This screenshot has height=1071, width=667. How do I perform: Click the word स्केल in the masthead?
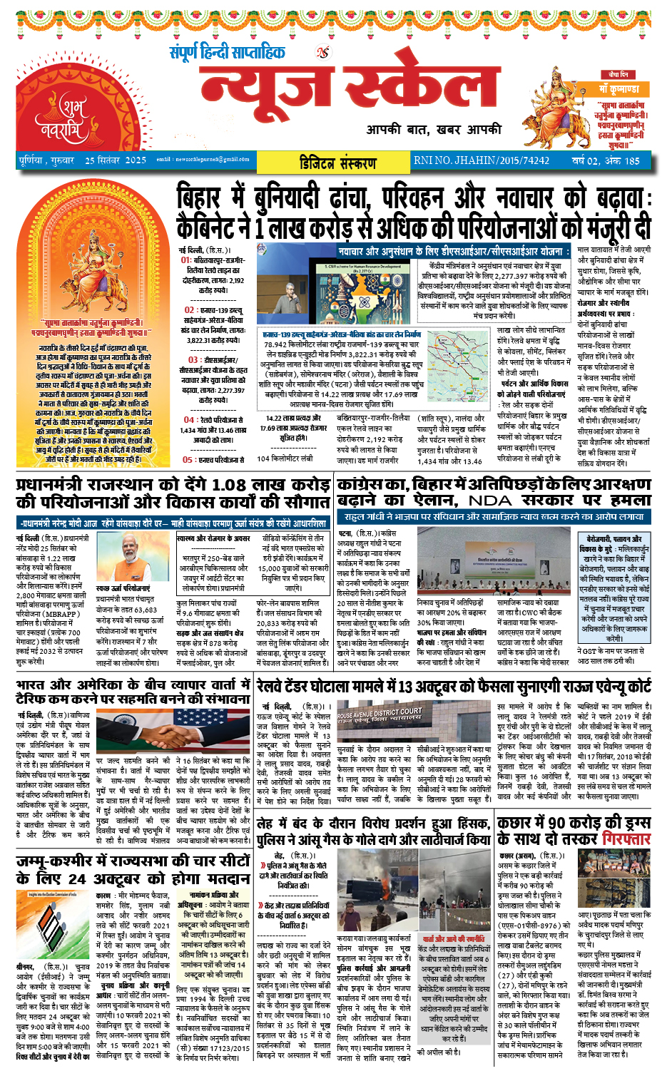point(421,88)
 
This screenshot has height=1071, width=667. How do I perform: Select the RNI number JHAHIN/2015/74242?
point(482,160)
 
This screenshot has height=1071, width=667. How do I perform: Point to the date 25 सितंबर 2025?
point(116,160)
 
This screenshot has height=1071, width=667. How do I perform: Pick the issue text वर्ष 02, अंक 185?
point(605,160)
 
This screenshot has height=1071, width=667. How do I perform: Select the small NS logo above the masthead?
point(323,53)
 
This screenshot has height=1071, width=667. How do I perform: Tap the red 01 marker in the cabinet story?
point(185,260)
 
